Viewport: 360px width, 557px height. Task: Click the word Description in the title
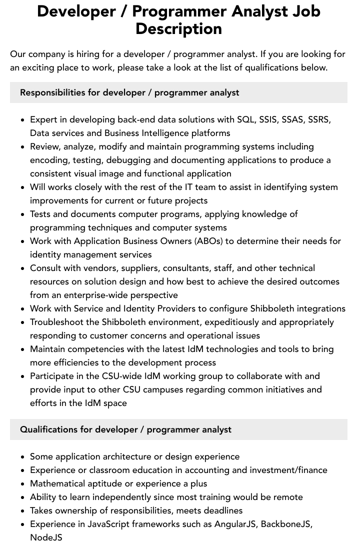point(178,29)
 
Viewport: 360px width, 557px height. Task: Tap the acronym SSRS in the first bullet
point(318,119)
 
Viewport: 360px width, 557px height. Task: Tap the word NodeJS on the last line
point(46,537)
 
